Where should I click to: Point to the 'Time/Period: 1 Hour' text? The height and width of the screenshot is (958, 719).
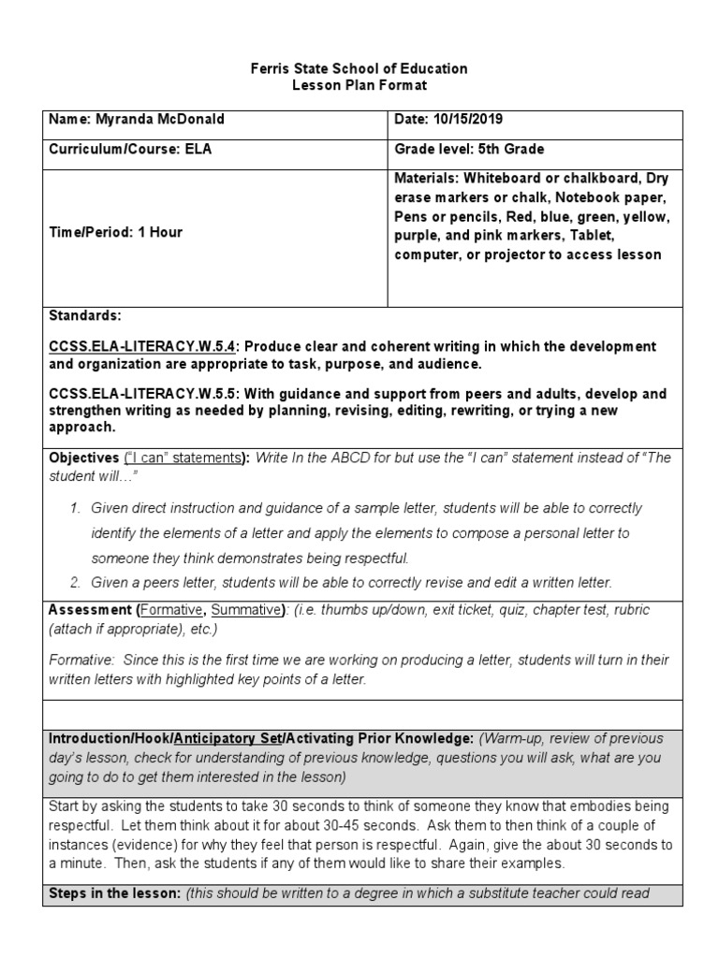[x=115, y=232]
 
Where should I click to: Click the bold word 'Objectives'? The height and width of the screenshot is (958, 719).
[x=84, y=457]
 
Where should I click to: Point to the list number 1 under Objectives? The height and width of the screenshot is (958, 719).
[x=75, y=508]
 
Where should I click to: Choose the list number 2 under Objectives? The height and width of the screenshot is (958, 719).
[x=75, y=582]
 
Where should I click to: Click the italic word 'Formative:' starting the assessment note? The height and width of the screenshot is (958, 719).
[x=80, y=660]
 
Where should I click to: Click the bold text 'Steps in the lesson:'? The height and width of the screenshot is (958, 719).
[x=114, y=893]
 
